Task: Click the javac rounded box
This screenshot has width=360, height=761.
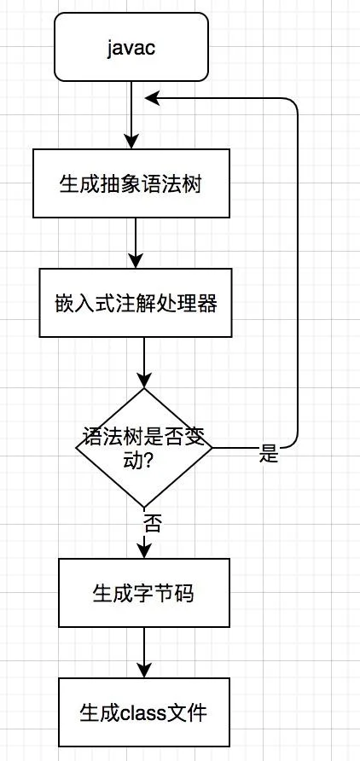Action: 131,47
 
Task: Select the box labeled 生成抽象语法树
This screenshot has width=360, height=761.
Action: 131,183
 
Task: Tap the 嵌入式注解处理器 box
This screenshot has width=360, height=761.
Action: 136,303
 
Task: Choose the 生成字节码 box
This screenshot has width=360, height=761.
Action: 144,593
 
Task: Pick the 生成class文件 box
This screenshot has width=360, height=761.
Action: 144,712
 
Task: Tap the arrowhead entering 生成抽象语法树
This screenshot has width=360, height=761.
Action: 131,142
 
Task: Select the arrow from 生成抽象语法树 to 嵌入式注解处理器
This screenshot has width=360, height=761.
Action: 136,243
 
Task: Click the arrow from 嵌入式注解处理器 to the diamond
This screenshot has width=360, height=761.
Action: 144,363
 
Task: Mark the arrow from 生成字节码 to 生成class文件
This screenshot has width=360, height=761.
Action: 144,653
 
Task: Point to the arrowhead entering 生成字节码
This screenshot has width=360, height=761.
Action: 144,551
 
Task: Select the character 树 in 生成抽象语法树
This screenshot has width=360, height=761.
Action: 192,184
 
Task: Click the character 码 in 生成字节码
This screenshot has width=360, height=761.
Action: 184,594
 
